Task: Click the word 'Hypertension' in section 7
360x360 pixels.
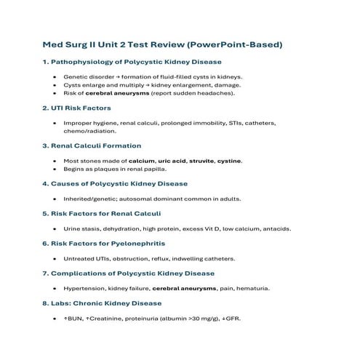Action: (x=86, y=288)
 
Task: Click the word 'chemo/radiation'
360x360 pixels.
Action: (x=90, y=132)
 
